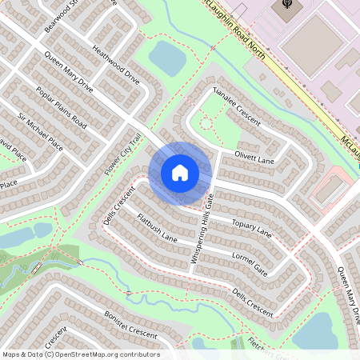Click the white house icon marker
coord(180,172)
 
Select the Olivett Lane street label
coord(254,158)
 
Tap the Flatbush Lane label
coord(157,227)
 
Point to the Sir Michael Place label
coord(40,133)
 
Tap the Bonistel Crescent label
coord(130,324)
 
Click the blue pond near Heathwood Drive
coord(166,58)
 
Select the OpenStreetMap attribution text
coord(80,354)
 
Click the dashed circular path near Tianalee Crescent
coord(206,123)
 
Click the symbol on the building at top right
coord(286,7)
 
